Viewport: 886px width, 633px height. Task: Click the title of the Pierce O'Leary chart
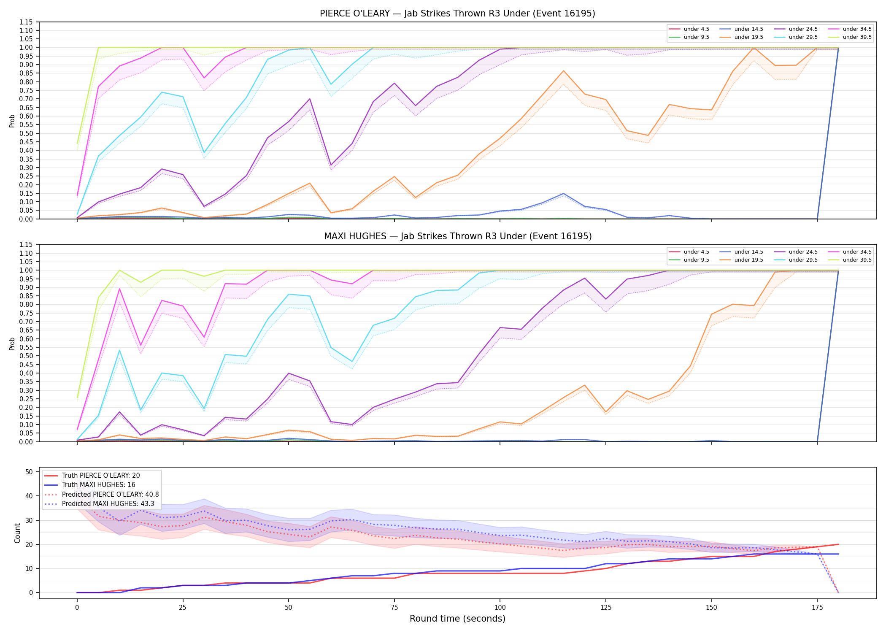coord(457,14)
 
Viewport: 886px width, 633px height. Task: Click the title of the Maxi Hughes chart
coord(458,236)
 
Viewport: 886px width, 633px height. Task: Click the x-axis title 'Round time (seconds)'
coord(457,619)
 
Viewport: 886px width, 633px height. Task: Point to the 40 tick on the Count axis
coord(29,496)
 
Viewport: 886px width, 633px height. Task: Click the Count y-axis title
coord(17,533)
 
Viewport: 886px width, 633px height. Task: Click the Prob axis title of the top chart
coord(12,121)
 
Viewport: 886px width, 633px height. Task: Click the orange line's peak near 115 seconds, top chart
coord(563,71)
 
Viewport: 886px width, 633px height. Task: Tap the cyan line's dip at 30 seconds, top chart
coord(204,152)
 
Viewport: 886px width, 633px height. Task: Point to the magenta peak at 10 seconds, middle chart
coord(119,289)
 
